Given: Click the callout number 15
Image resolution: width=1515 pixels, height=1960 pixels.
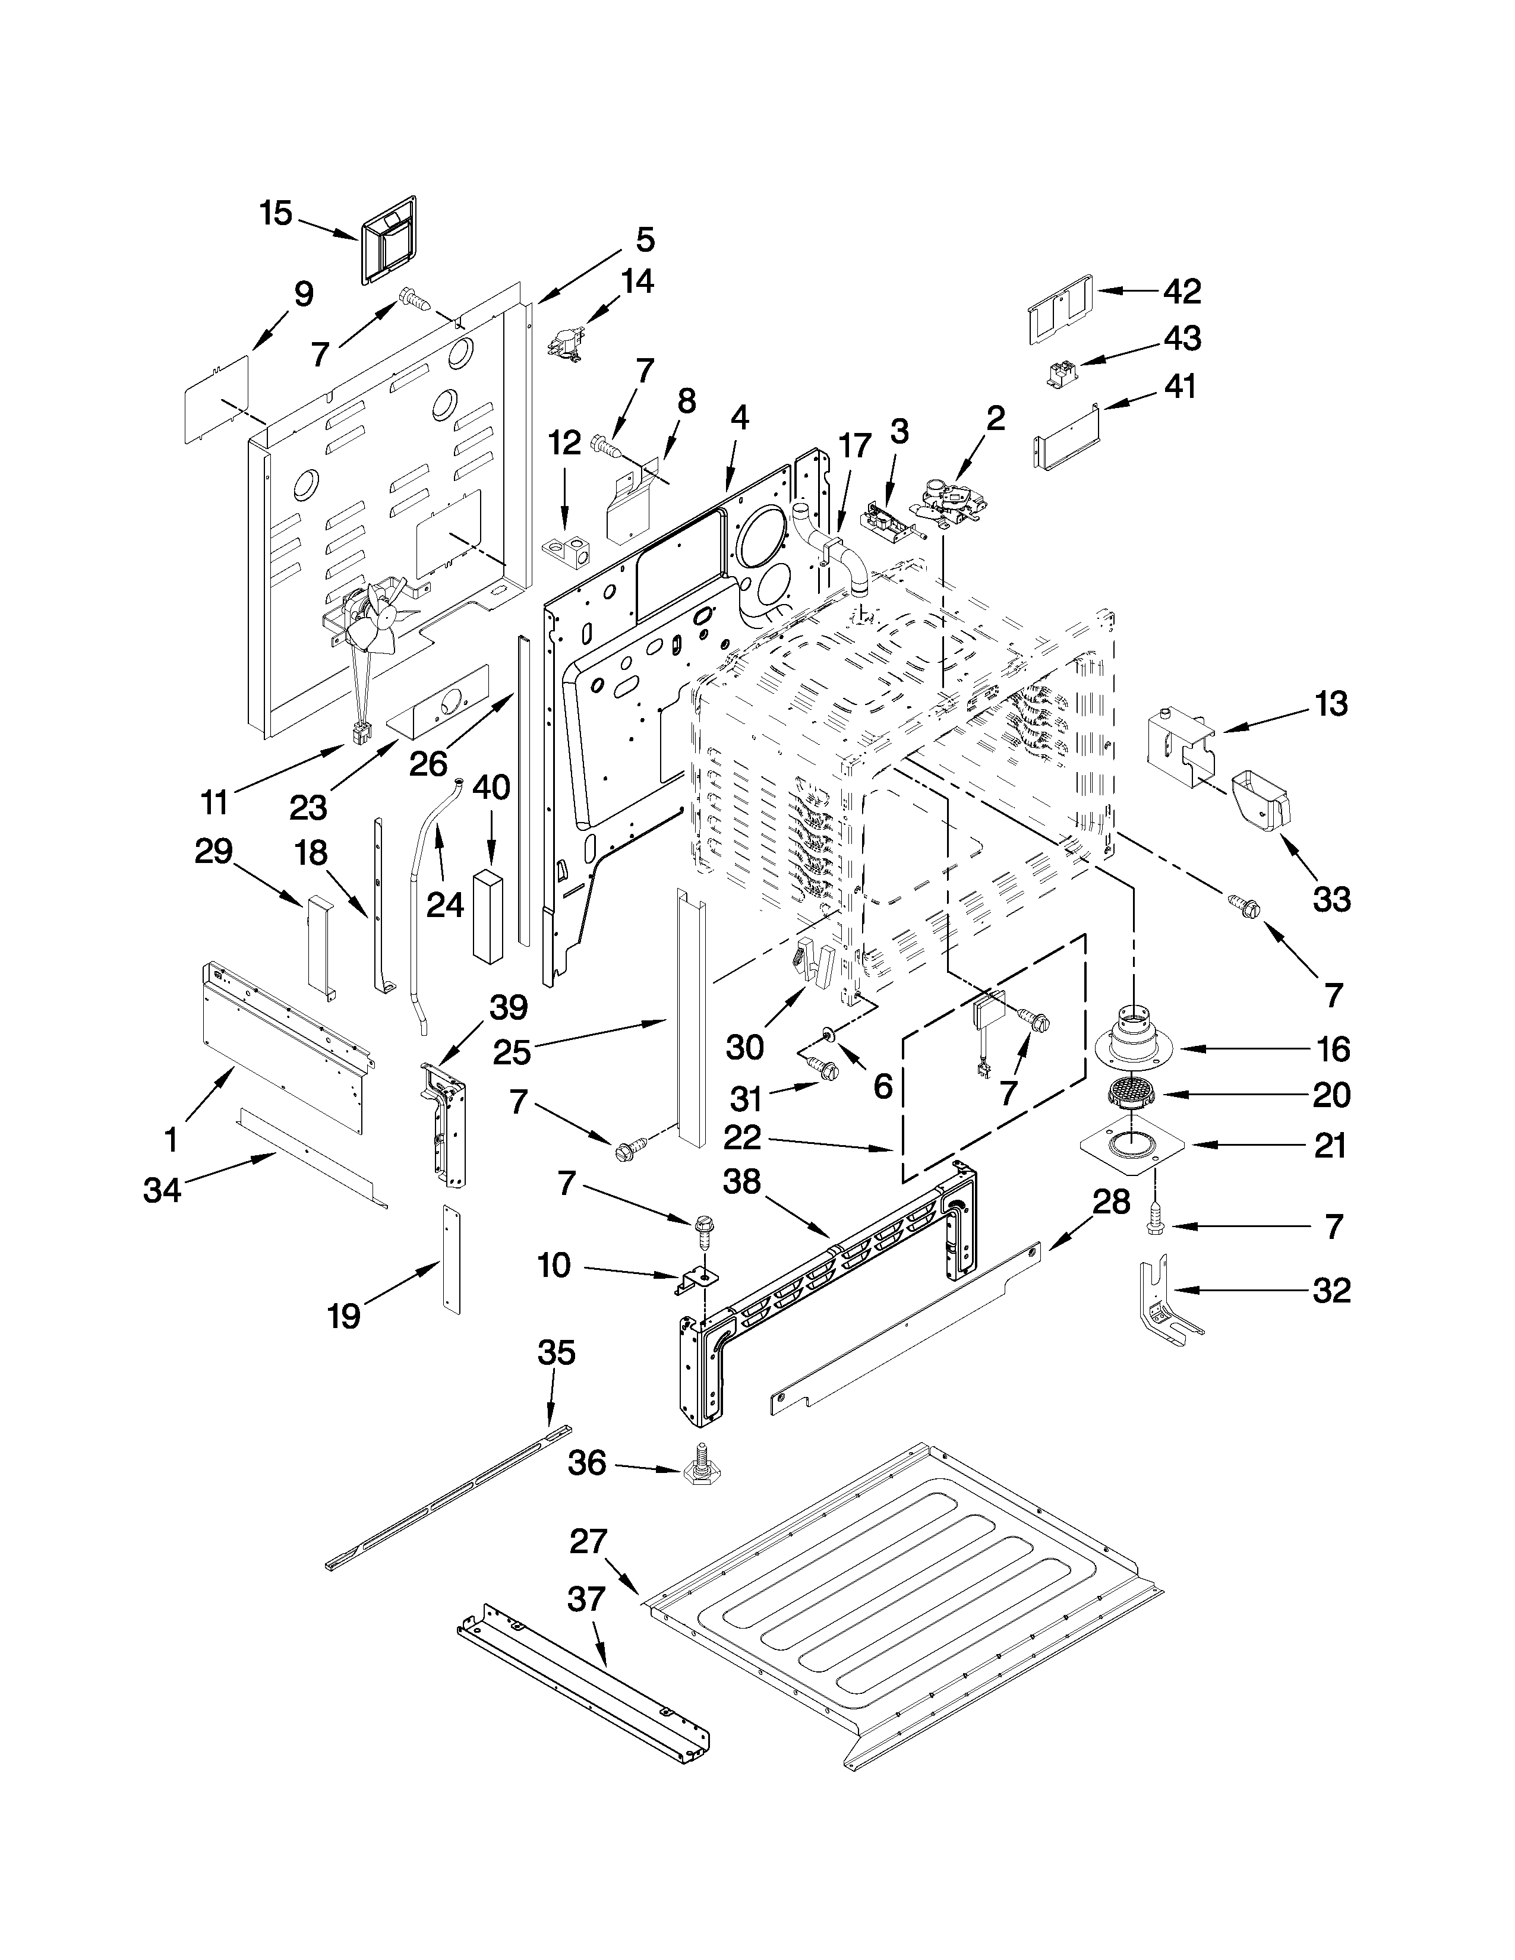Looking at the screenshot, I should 276,214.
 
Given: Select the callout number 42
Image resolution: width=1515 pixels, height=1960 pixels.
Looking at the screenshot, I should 1182,291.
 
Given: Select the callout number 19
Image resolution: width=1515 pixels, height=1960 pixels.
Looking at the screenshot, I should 344,1317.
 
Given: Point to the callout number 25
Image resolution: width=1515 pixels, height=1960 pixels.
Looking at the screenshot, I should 512,1051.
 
